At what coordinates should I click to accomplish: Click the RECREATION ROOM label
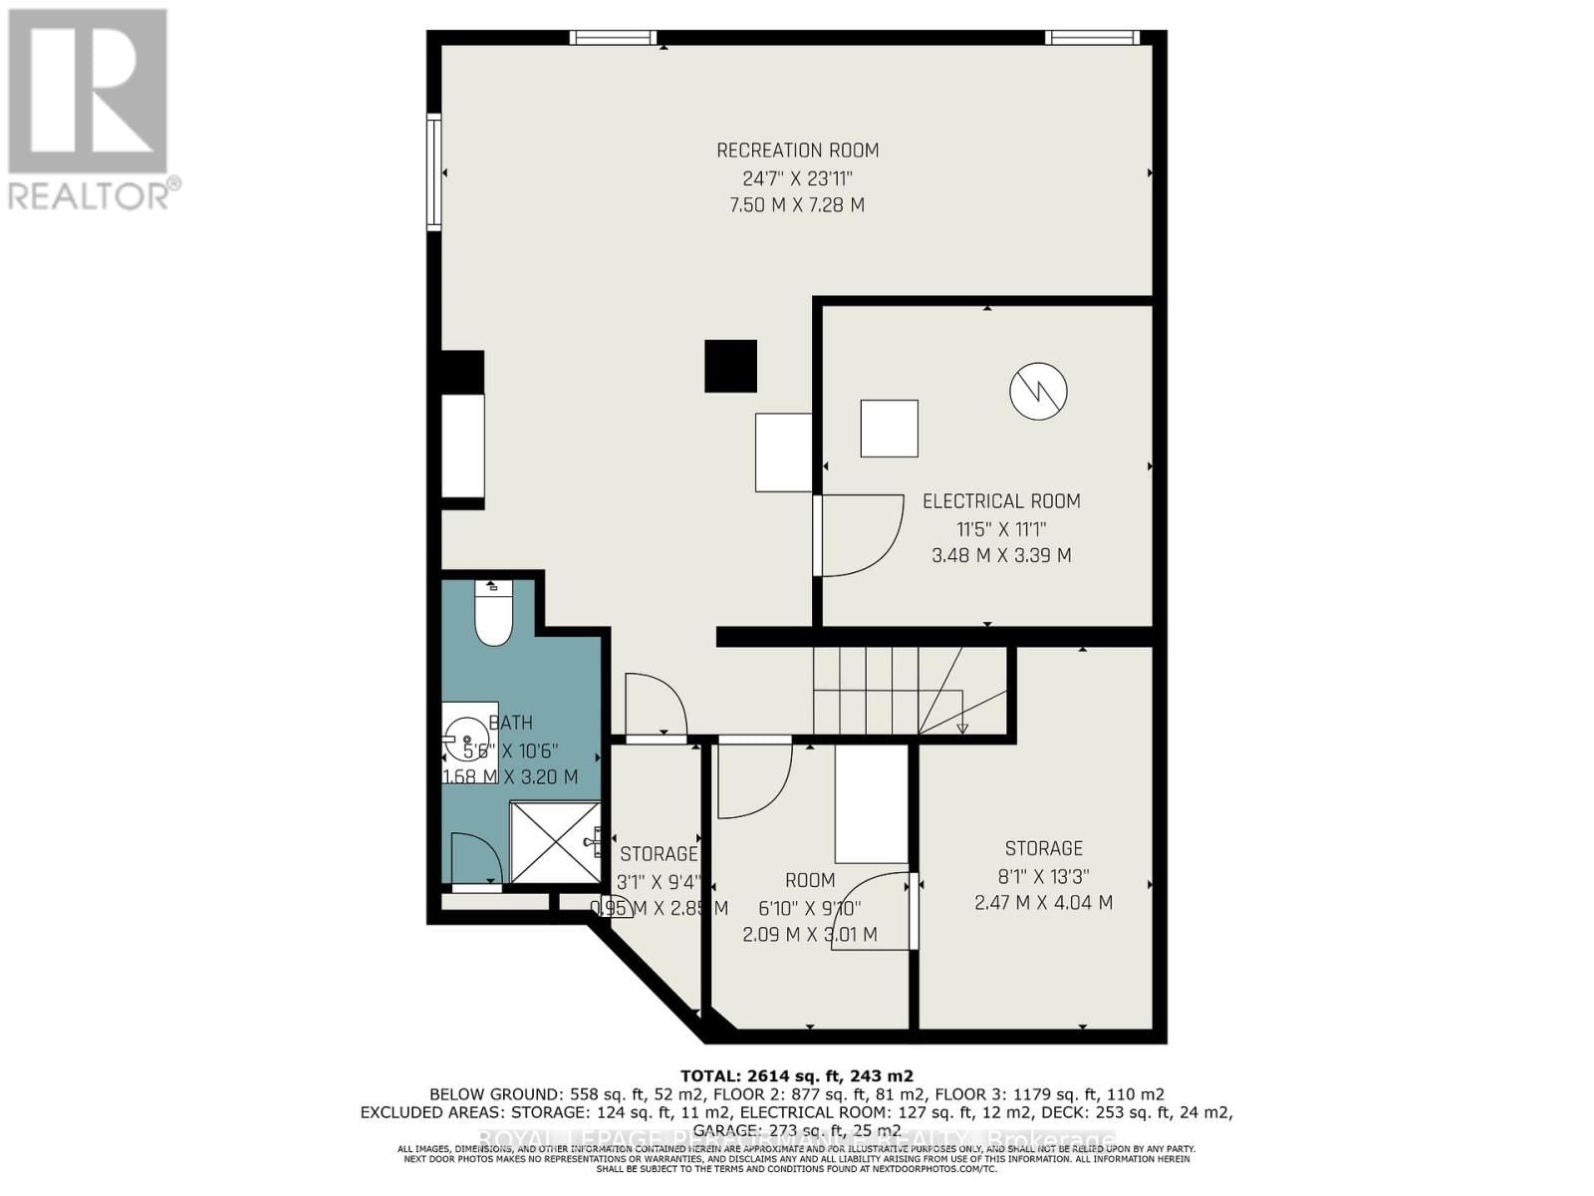pos(797,150)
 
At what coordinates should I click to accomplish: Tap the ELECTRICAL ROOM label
pos(1001,501)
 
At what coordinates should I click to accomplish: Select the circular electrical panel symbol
pos(1038,391)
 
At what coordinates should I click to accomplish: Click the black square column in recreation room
pos(730,366)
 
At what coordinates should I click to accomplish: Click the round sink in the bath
pos(466,740)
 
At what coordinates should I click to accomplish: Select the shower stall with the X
pos(554,842)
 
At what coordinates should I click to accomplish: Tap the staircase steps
pos(877,690)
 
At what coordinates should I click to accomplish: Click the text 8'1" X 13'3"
pos(1043,876)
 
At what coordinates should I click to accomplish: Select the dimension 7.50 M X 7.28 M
pos(797,205)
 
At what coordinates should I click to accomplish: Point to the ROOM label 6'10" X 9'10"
pos(809,880)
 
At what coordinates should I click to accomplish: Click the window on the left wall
pos(434,172)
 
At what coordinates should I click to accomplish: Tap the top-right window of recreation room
pos(1092,38)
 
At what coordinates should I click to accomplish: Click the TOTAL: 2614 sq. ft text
pos(796,1075)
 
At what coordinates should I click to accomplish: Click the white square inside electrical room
pos(889,429)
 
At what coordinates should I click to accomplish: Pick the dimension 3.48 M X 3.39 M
pos(1001,555)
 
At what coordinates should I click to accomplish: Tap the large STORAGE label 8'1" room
pos(1043,848)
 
